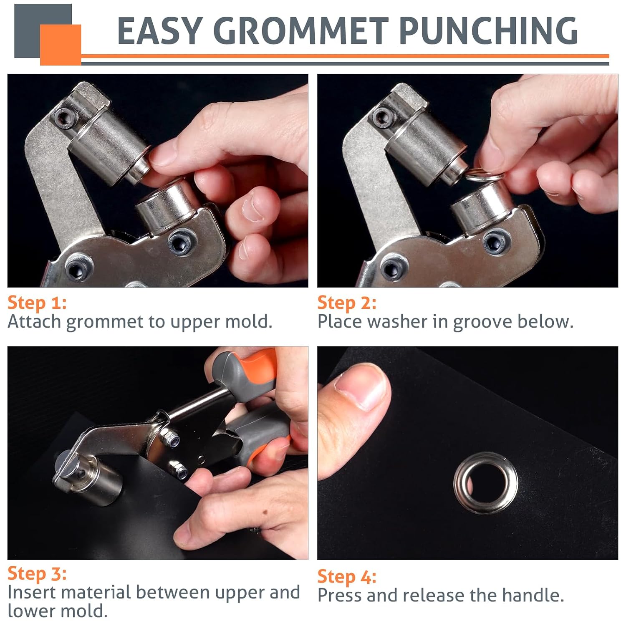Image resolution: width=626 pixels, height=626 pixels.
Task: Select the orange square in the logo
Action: (x=61, y=45)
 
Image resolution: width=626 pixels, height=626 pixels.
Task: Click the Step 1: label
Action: (x=37, y=303)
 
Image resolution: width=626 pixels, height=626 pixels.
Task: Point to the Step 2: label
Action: (x=347, y=303)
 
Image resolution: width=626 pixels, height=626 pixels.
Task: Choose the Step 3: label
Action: (x=37, y=574)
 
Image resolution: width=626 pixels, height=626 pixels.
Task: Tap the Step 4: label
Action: (x=347, y=577)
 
